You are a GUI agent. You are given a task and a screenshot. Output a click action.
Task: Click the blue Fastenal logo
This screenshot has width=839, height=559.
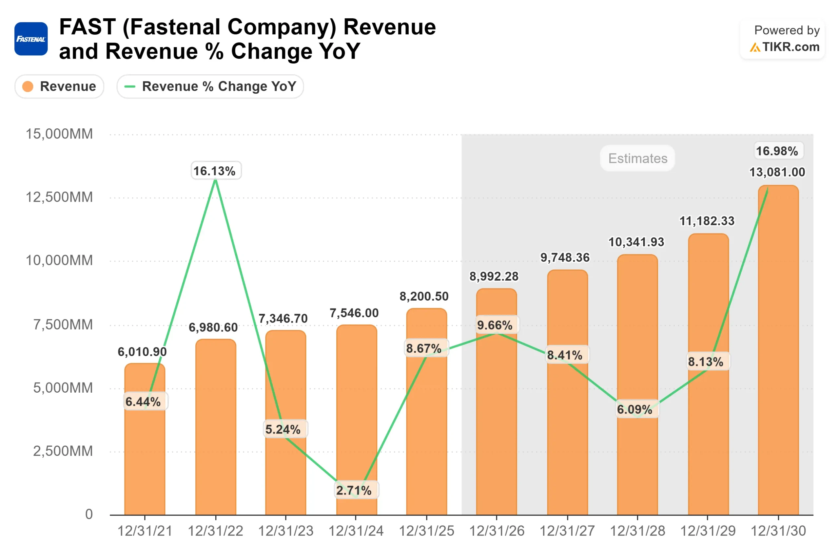[x=31, y=39]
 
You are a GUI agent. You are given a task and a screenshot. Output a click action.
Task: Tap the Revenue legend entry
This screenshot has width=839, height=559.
[x=59, y=86]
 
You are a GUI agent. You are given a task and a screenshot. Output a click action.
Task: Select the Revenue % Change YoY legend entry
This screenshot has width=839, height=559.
[x=210, y=86]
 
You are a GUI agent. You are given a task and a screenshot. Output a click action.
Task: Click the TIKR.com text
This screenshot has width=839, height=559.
[x=790, y=47]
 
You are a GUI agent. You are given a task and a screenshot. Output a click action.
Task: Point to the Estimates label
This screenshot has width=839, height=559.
[x=637, y=158]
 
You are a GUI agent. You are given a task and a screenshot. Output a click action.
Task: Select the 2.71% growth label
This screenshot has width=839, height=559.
[x=354, y=490]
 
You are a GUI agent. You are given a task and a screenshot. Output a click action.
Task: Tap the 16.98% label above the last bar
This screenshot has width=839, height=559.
[x=777, y=151]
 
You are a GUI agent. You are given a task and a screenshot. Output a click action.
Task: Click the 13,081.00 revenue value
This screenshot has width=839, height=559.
[x=777, y=172]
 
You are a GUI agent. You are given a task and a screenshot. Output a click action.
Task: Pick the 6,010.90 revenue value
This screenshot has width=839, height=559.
[x=142, y=352]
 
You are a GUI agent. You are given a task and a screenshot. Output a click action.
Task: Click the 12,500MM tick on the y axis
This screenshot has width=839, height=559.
[x=59, y=197]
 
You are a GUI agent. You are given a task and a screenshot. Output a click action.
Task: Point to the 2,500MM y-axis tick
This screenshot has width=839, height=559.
[x=63, y=451]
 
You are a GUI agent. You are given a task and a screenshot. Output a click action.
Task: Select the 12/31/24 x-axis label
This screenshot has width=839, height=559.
[x=356, y=531]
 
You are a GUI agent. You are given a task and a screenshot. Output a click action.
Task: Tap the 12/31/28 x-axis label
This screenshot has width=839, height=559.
[x=637, y=531]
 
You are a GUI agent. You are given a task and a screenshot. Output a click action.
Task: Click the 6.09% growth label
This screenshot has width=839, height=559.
[x=635, y=409]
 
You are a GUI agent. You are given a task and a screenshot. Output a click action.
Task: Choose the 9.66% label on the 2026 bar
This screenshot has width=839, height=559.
[x=495, y=325]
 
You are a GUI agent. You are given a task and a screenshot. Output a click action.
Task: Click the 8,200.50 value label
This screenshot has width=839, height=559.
[x=424, y=296]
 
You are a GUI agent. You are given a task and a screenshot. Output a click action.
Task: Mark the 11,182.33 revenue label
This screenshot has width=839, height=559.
[x=707, y=221]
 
